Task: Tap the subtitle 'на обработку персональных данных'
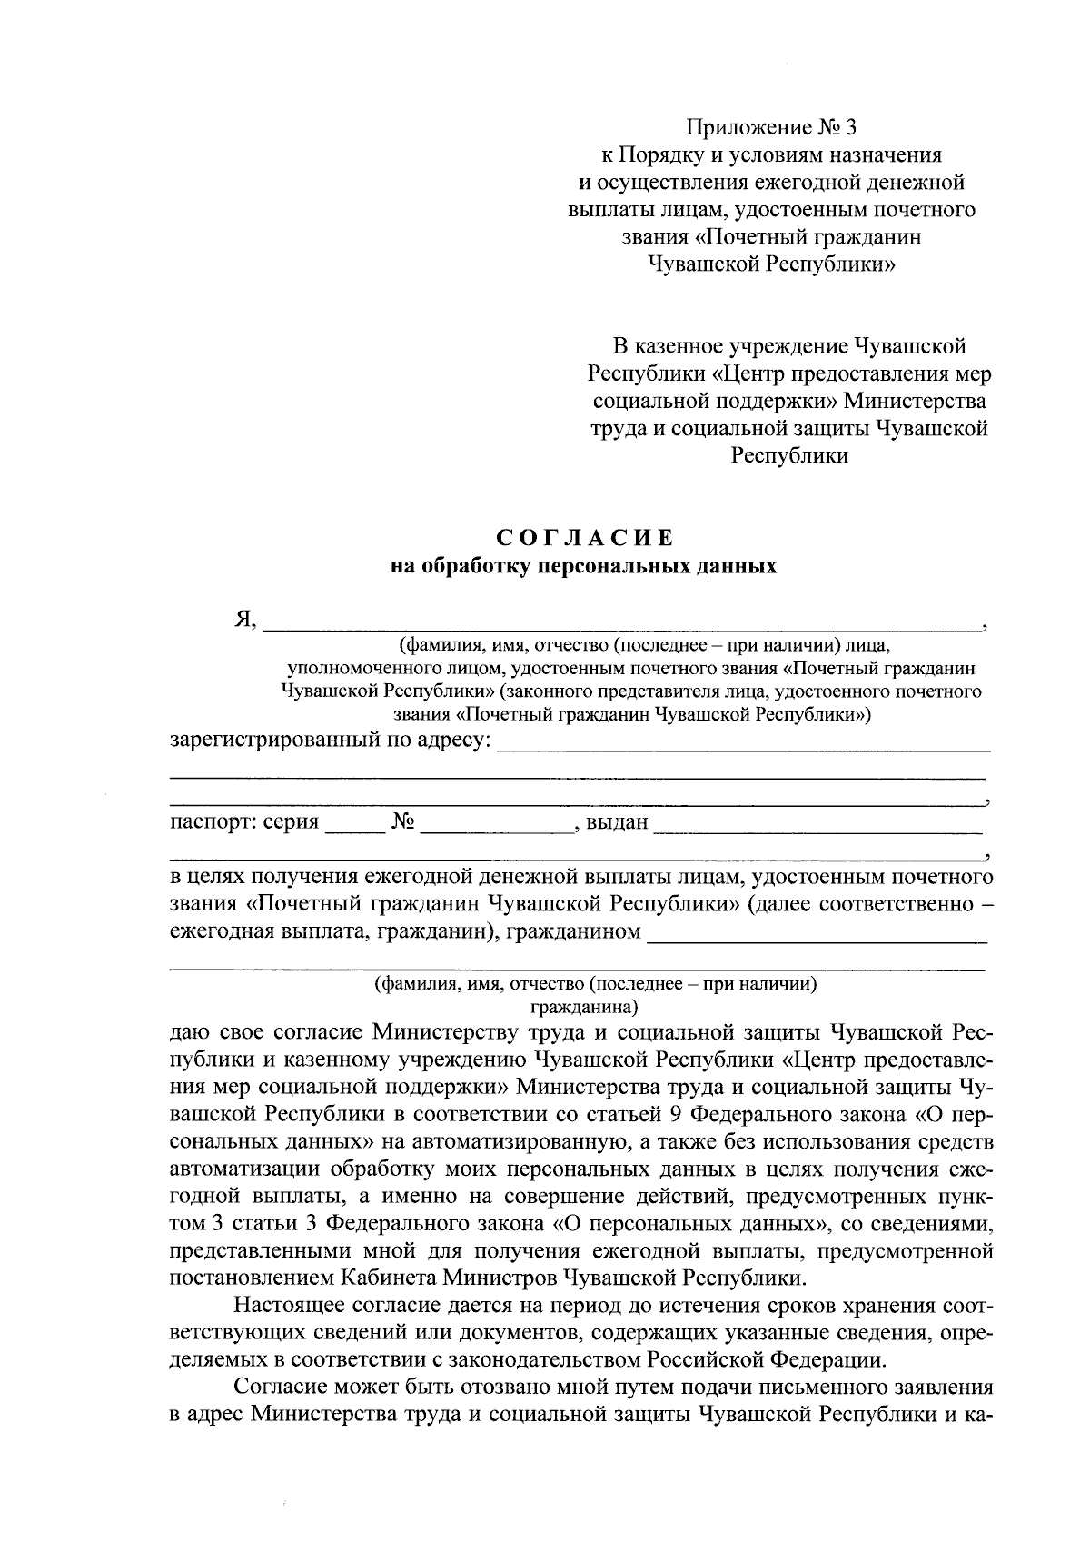coord(584,567)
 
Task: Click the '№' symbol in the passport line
coord(403,823)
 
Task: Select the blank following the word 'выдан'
coord(817,831)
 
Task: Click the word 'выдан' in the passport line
coord(618,823)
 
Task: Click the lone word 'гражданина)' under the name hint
coord(584,1007)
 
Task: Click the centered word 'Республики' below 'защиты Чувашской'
coord(789,456)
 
